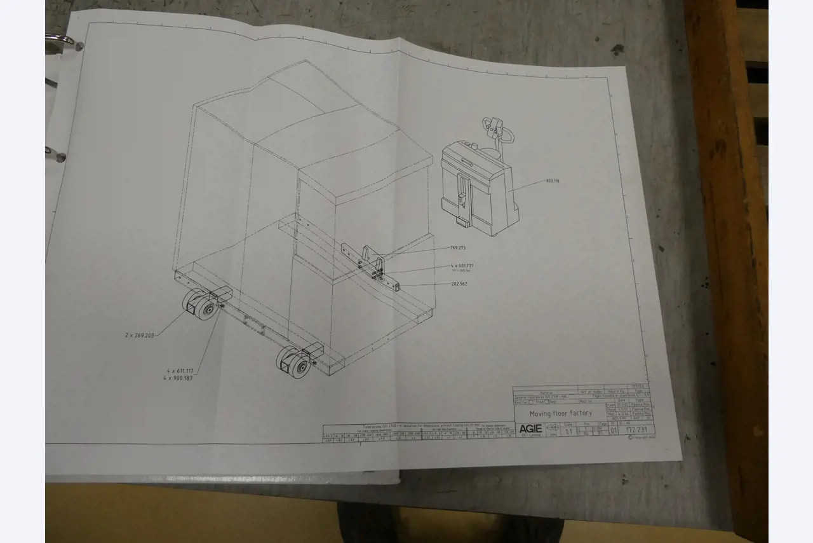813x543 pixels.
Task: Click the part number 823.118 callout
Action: pyautogui.click(x=552, y=181)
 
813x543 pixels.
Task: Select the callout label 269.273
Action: pyautogui.click(x=458, y=248)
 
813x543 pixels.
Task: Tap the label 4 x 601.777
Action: pyautogui.click(x=462, y=265)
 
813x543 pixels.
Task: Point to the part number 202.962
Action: pyautogui.click(x=459, y=284)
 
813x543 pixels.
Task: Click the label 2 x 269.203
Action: pyautogui.click(x=140, y=334)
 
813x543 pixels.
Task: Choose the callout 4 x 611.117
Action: pyautogui.click(x=180, y=371)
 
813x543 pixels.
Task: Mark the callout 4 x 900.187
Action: pyautogui.click(x=178, y=378)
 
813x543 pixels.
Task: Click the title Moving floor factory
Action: pyautogui.click(x=560, y=413)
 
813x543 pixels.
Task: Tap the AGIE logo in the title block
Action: pyautogui.click(x=530, y=428)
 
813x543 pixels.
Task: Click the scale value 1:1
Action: pyautogui.click(x=568, y=431)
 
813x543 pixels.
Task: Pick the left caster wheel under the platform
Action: pyautogui.click(x=200, y=305)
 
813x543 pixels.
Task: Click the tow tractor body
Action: pyautogui.click(x=476, y=188)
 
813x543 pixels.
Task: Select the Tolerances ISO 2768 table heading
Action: pyautogui.click(x=406, y=427)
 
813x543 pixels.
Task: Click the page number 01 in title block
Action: pyautogui.click(x=614, y=430)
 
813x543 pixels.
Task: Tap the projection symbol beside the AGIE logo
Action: pyautogui.click(x=552, y=428)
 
